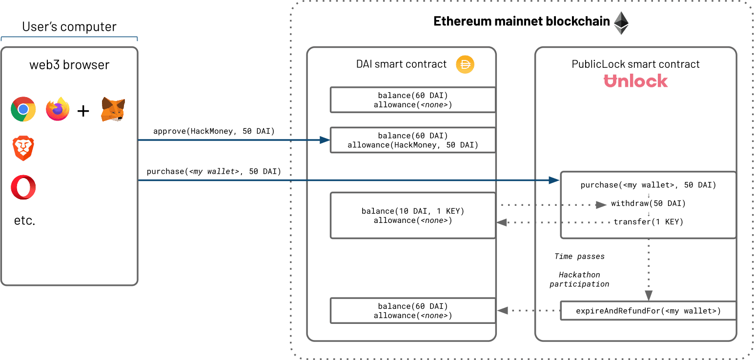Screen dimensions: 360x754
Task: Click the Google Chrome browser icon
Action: (x=23, y=109)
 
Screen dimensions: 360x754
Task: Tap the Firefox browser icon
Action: (x=58, y=109)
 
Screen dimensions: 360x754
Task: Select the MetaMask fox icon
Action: (x=113, y=109)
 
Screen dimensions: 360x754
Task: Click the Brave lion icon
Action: (x=23, y=148)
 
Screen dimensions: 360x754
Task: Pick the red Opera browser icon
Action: (x=23, y=187)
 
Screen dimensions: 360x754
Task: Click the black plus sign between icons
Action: (x=84, y=111)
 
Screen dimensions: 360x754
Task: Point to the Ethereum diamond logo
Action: (x=621, y=23)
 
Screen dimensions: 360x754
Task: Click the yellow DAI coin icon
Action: (x=465, y=64)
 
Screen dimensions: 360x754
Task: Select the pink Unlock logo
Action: (x=635, y=81)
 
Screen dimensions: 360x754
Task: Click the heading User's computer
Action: (x=69, y=26)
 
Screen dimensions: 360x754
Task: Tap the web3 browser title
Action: (x=69, y=65)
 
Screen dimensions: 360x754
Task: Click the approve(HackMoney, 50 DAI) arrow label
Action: (x=214, y=131)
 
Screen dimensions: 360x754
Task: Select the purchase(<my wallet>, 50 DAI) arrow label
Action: (x=214, y=171)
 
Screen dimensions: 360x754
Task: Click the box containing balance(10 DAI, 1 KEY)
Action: (x=413, y=215)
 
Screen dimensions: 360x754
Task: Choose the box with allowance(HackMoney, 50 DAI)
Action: (x=413, y=140)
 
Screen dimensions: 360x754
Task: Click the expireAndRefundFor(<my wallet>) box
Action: (x=648, y=311)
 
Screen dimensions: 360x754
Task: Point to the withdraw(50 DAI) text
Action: (x=648, y=203)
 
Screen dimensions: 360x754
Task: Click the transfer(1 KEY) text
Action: (x=648, y=221)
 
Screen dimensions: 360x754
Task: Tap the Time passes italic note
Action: (x=579, y=256)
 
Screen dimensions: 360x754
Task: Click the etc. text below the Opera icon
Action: (x=24, y=221)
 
